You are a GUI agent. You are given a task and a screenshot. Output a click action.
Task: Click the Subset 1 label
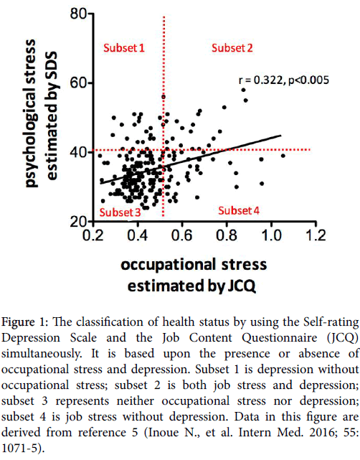pyautogui.click(x=124, y=48)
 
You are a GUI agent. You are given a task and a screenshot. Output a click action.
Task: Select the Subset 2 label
pyautogui.click(x=232, y=48)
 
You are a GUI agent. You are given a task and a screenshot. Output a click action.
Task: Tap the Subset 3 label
pyautogui.click(x=120, y=212)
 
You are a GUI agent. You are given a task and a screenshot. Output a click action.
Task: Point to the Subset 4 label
pyautogui.click(x=239, y=211)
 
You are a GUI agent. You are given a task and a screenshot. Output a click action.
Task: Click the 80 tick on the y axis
pyautogui.click(x=79, y=14)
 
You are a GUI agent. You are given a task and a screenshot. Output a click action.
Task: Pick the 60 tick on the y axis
pyautogui.click(x=79, y=83)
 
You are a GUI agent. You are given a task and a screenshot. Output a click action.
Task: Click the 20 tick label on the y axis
pyautogui.click(x=79, y=222)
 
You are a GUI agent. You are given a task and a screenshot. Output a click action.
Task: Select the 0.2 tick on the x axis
pyautogui.click(x=93, y=235)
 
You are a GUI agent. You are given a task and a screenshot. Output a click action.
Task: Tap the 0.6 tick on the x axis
pyautogui.click(x=181, y=235)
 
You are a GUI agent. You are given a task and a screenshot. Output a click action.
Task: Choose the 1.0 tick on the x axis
pyautogui.click(x=271, y=235)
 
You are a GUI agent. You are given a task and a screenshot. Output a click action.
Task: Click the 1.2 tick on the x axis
pyautogui.click(x=316, y=235)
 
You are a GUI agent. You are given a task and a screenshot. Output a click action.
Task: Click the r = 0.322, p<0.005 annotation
pyautogui.click(x=284, y=80)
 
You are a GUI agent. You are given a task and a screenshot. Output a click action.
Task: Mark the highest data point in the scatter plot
pyautogui.click(x=243, y=90)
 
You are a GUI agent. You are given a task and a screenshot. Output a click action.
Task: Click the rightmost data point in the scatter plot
pyautogui.click(x=283, y=156)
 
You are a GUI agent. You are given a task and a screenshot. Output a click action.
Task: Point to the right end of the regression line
pyautogui.click(x=281, y=136)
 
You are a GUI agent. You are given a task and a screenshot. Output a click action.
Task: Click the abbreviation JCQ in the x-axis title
pyautogui.click(x=242, y=286)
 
